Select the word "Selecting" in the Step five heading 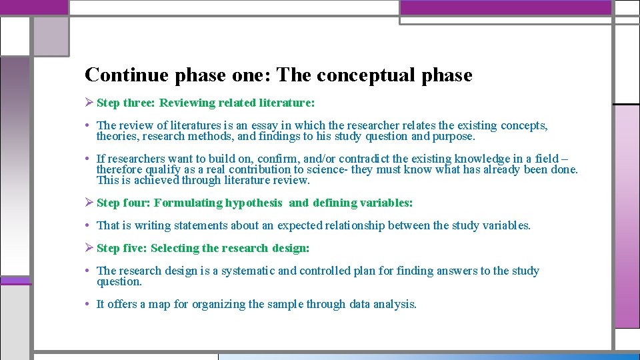point(175,249)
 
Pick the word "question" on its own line point(119,281)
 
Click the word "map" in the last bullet point(160,305)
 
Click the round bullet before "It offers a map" point(89,305)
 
